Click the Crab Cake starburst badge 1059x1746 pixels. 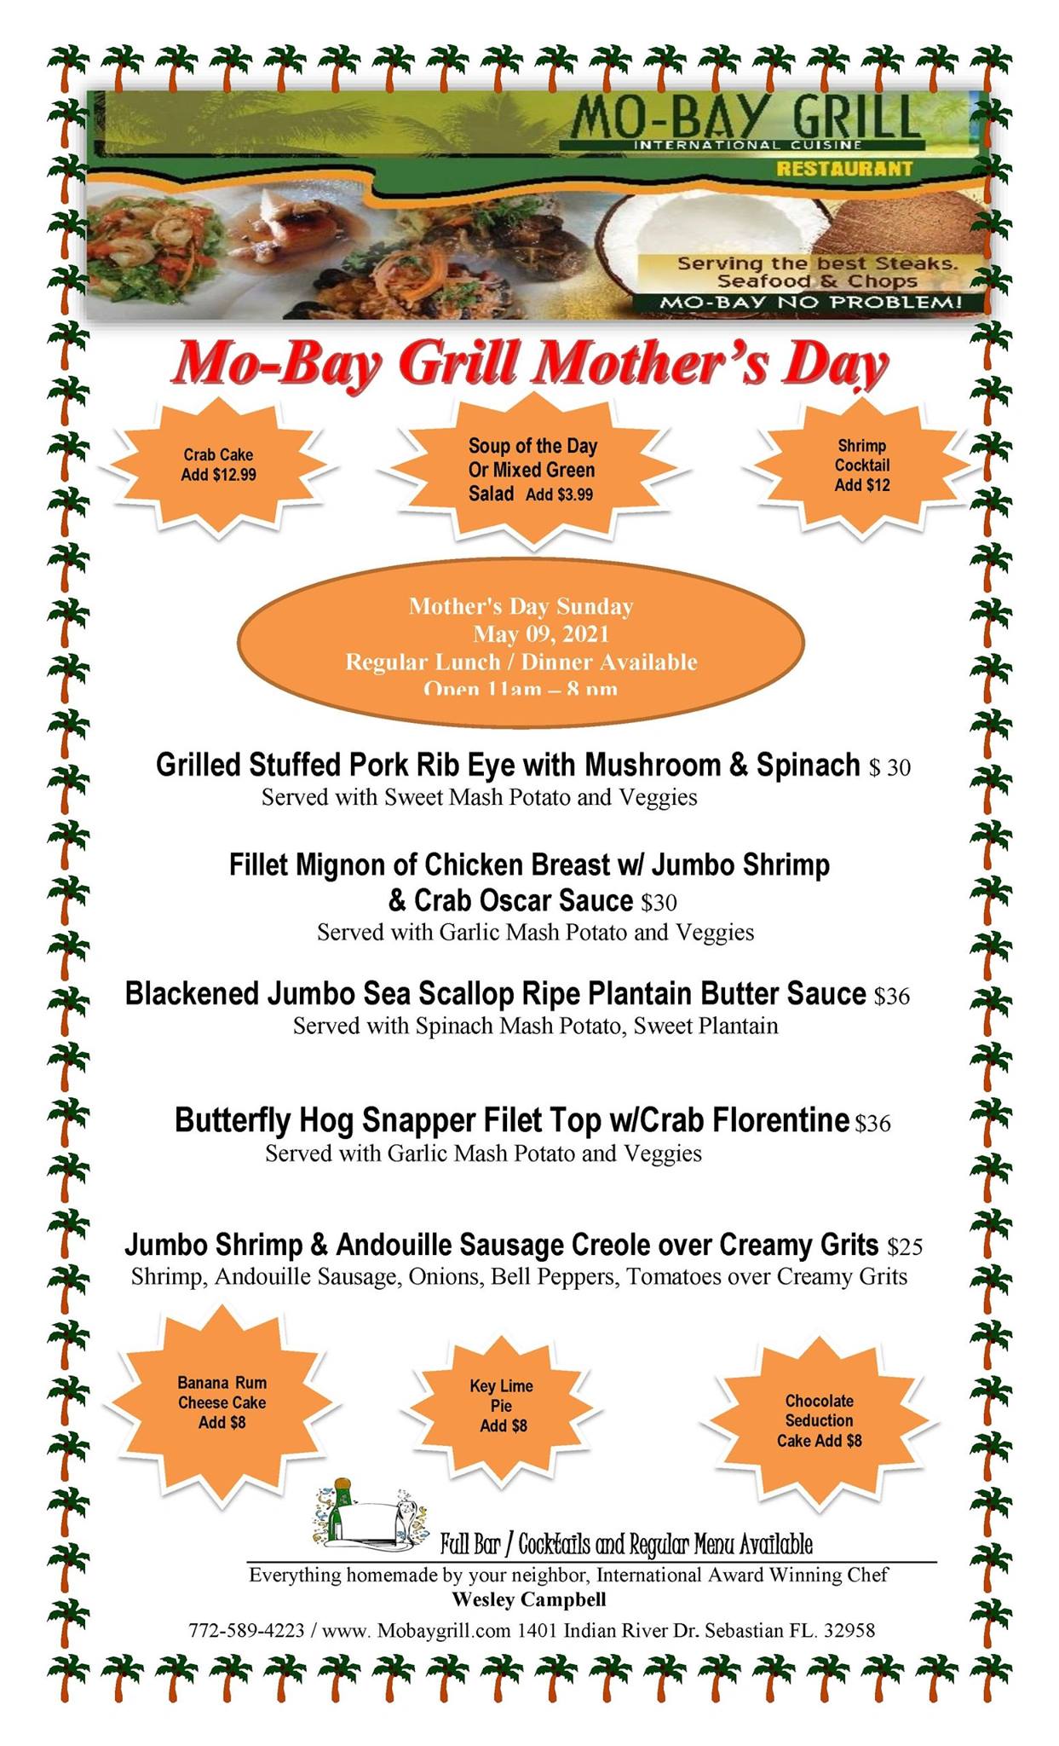coord(218,465)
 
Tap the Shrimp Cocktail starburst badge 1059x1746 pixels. coord(861,465)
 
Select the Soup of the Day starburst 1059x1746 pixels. coord(532,470)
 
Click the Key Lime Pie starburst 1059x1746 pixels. coord(503,1406)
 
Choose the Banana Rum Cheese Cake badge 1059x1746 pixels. coord(222,1402)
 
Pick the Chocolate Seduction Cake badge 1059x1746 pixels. coord(819,1420)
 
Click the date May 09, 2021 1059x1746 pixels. coord(541,634)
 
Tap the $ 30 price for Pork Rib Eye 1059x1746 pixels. coord(889,768)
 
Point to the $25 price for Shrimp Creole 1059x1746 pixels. coord(905,1247)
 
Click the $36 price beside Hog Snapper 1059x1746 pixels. coord(872,1124)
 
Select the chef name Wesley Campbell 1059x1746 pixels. coord(529,1599)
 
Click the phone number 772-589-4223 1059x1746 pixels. coord(246,1630)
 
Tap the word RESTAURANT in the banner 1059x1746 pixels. coord(843,169)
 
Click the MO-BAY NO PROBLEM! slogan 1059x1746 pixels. coord(810,303)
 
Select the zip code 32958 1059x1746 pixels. coord(849,1630)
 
